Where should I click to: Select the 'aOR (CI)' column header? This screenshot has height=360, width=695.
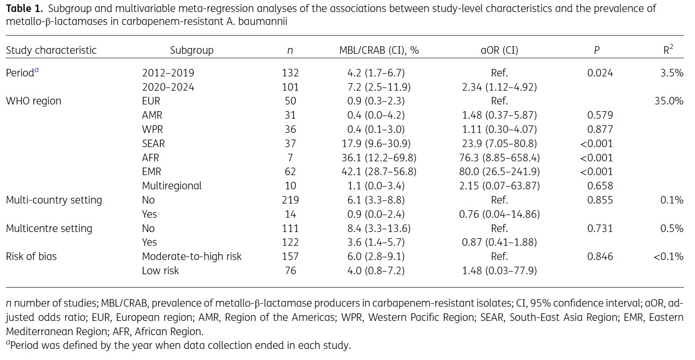(x=499, y=50)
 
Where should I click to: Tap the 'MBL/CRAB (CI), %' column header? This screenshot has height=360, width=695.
(x=379, y=50)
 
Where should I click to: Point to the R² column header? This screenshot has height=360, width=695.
(x=668, y=50)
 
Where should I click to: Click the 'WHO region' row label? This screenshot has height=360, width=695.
(x=34, y=101)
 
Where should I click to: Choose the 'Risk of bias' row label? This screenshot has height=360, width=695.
(x=31, y=256)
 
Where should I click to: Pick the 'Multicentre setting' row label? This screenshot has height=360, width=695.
(x=49, y=228)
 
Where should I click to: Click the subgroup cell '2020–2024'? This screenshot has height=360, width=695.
(x=168, y=87)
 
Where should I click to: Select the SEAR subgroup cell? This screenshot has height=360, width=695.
(x=153, y=144)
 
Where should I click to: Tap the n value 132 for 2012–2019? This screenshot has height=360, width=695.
(x=290, y=73)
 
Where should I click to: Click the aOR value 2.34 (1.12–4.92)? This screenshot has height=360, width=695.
(x=498, y=87)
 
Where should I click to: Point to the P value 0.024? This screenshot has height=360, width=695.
(x=600, y=73)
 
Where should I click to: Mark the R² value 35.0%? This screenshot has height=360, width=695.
(x=669, y=101)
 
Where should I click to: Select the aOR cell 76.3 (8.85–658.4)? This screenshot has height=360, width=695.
(x=498, y=158)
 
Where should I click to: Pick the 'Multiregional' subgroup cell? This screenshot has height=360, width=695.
(x=172, y=186)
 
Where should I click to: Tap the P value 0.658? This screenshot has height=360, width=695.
(x=600, y=186)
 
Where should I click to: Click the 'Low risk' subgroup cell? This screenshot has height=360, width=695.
(x=160, y=271)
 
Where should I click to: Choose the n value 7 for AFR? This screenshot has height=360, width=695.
(x=290, y=158)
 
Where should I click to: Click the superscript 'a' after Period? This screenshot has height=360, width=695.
(x=36, y=70)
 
